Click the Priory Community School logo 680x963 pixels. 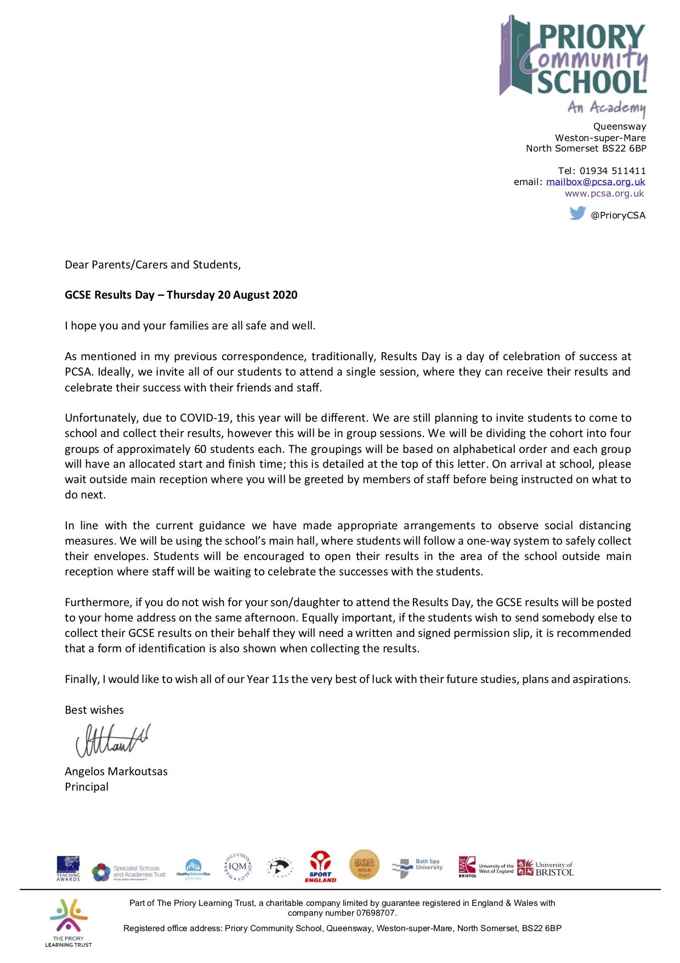coord(574,64)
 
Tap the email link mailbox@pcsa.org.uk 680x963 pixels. coord(596,182)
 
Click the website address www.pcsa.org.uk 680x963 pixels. coord(604,193)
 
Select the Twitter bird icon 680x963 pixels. coord(577,213)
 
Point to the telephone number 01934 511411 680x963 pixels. coord(613,171)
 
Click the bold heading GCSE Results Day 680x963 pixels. coord(181,295)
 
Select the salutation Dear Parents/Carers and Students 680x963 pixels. coord(152,265)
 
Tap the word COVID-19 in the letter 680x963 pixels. coord(206,418)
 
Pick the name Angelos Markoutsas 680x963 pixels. coord(116,771)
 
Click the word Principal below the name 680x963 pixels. coord(87,787)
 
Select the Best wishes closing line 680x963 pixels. coord(94,710)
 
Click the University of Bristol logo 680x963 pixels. coord(546,868)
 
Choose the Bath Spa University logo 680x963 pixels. coord(417,867)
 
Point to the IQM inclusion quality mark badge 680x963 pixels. coord(237,867)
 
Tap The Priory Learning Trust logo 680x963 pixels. coord(69,922)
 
